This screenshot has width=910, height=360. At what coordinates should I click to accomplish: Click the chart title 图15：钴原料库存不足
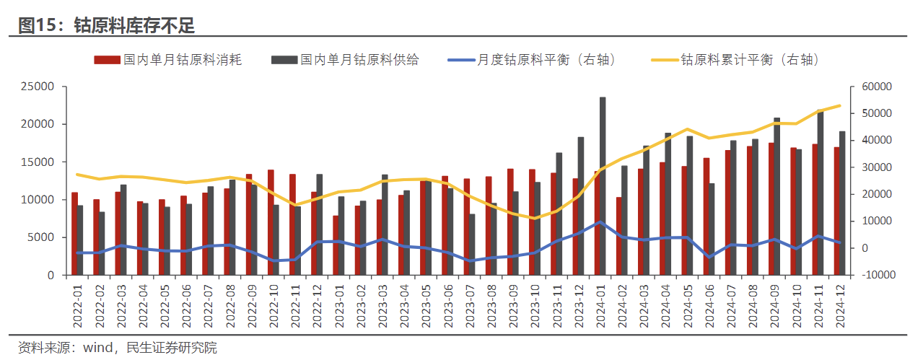(x=107, y=26)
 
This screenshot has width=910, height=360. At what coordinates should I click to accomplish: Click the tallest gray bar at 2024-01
(x=603, y=186)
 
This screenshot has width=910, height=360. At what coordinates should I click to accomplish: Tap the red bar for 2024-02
(x=619, y=236)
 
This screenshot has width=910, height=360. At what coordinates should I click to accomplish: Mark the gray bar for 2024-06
(x=712, y=229)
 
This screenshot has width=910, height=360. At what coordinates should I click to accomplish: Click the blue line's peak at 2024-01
(x=600, y=222)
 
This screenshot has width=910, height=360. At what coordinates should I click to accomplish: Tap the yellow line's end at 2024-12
(x=839, y=105)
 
